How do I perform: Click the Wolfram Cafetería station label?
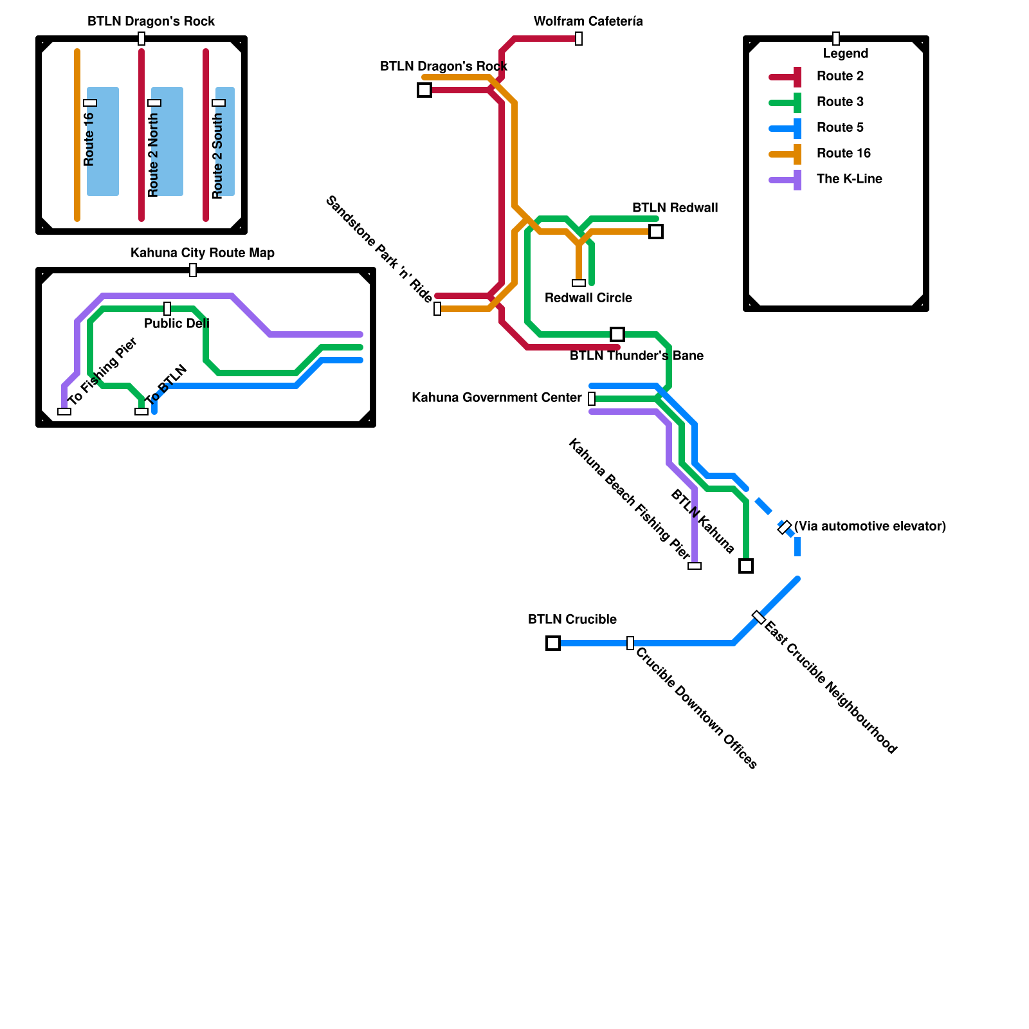(x=588, y=22)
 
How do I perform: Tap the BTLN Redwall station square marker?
(x=656, y=232)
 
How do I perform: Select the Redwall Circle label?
(x=588, y=298)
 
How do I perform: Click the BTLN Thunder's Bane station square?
(x=617, y=334)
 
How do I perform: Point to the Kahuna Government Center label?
(x=496, y=398)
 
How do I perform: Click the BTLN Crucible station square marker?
(x=553, y=643)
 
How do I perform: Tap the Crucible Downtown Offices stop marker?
(x=630, y=643)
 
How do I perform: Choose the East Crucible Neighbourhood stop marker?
(x=759, y=617)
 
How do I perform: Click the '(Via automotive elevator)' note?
(x=870, y=527)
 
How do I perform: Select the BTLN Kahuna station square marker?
(x=746, y=566)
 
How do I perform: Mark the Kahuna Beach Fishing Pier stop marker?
(x=695, y=566)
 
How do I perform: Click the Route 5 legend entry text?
(x=840, y=128)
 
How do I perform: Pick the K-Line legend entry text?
(x=849, y=179)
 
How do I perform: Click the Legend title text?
(x=845, y=54)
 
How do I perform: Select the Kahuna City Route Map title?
(x=202, y=253)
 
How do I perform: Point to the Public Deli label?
(x=176, y=323)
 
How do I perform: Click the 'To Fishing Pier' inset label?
(x=103, y=372)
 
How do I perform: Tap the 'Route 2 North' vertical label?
(x=153, y=155)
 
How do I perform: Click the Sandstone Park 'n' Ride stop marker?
(x=437, y=309)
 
